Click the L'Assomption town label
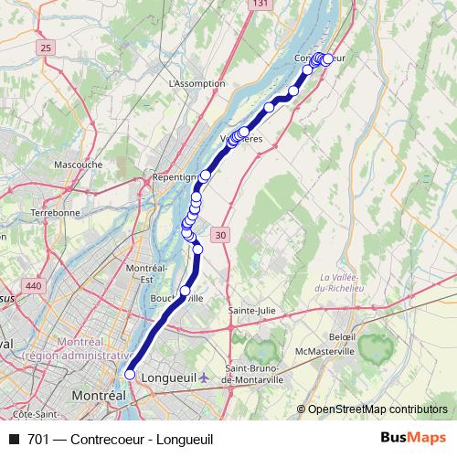point(197,83)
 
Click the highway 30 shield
point(220,236)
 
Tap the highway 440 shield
point(34,286)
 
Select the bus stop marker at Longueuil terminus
point(130,374)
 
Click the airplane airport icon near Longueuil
point(202,376)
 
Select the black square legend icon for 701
point(14,440)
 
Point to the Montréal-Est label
point(145,272)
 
